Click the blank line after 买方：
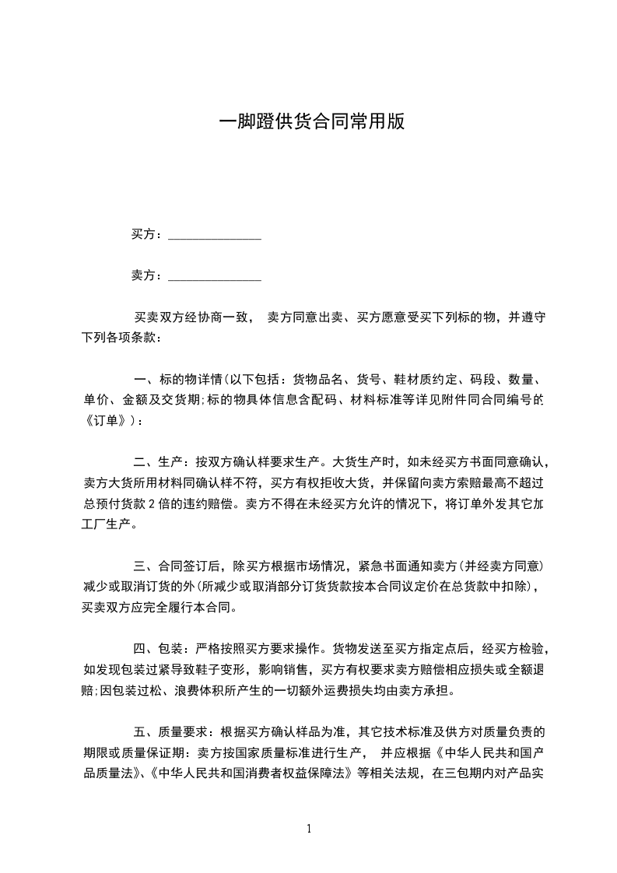(x=214, y=235)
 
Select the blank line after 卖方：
(x=214, y=275)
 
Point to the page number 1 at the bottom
(x=309, y=829)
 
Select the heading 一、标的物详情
(x=177, y=380)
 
